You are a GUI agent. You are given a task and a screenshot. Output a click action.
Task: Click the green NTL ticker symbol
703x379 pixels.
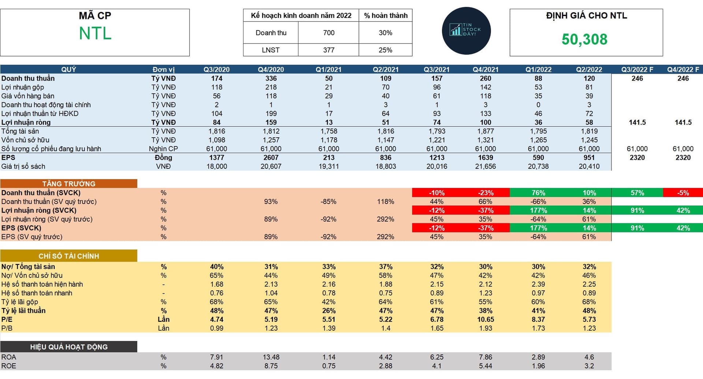coord(95,33)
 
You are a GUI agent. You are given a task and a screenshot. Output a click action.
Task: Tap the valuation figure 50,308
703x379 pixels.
coord(584,39)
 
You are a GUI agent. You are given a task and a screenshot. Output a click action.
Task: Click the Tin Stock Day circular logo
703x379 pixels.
coord(466,31)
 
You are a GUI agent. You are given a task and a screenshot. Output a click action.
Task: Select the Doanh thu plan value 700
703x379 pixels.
coord(328,33)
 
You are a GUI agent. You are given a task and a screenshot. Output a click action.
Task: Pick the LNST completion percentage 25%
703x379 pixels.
coord(385,50)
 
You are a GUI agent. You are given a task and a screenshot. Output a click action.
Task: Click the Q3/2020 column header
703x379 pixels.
coord(216,70)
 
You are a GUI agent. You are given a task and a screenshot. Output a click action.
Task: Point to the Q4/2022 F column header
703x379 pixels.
coord(683,70)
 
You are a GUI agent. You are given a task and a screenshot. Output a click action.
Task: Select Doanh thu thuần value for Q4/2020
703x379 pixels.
coord(271,78)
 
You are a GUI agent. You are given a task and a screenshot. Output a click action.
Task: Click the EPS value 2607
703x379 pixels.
coord(271,157)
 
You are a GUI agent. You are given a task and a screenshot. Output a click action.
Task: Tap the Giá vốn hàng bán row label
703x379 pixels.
coord(28,96)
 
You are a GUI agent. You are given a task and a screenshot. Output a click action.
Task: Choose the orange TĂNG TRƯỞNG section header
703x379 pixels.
coord(69,184)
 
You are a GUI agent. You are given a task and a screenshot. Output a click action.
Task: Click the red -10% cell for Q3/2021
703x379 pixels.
coord(436,193)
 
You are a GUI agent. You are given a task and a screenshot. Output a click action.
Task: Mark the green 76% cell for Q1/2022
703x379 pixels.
coord(538,193)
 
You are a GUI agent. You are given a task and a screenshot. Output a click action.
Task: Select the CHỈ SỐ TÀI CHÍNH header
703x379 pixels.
coord(69,256)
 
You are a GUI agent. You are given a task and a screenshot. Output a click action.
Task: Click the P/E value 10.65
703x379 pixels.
coord(486,319)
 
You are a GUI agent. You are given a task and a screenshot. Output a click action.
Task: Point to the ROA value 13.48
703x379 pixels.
coord(271,357)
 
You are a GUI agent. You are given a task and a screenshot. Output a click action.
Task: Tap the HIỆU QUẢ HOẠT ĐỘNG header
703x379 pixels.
coord(69,347)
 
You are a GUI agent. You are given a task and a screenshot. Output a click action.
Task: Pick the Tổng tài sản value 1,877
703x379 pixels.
coord(486,131)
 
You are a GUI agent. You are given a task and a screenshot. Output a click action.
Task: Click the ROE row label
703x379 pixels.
coord(9,366)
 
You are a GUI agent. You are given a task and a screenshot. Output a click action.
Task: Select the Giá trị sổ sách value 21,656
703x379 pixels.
coord(486,166)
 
